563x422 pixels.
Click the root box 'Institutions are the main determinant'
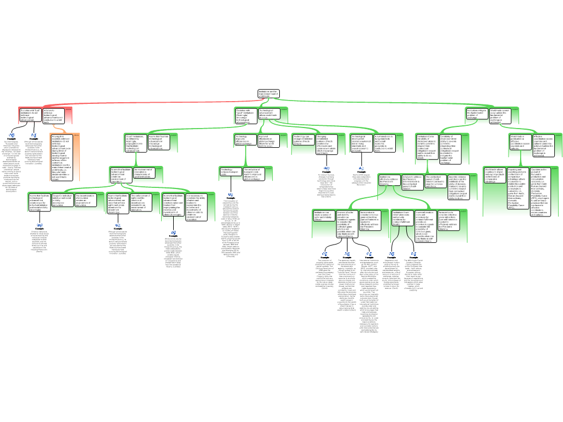pos(269,94)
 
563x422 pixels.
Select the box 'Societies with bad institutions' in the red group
pos(30,115)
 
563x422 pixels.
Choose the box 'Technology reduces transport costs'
pos(230,172)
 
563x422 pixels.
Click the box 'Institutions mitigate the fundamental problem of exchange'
pos(476,114)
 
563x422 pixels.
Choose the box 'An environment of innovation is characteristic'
pos(145,173)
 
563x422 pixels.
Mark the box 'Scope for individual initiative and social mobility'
pos(63,199)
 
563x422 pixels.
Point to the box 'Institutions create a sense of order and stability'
pos(323,216)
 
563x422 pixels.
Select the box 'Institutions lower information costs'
pos(402,216)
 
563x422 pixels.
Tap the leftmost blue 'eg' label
pos(12,135)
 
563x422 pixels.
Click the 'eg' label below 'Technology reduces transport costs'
pos(231,193)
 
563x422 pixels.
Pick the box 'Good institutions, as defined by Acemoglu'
pos(135,142)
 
